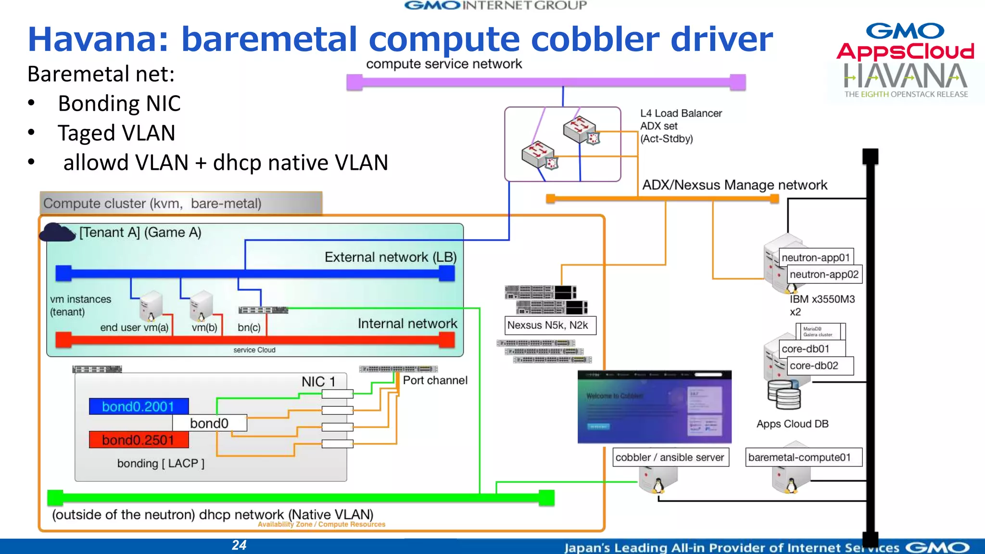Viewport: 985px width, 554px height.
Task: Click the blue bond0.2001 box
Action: tap(139, 406)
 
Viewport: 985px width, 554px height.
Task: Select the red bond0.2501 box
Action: tap(139, 440)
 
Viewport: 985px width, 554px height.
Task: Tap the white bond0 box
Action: tap(209, 423)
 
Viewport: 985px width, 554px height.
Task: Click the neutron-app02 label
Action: tap(824, 274)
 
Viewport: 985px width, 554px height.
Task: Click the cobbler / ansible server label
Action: tap(670, 457)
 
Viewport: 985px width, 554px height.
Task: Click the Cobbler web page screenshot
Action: tap(654, 407)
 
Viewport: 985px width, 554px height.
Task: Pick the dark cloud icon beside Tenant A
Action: tap(57, 233)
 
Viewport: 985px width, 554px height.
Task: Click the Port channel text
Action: tap(435, 380)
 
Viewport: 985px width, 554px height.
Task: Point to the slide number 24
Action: tap(239, 545)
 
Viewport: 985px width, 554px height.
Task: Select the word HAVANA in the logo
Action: tap(905, 76)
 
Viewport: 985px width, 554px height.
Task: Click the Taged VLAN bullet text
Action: tap(116, 133)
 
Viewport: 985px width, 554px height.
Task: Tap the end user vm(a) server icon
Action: tap(151, 306)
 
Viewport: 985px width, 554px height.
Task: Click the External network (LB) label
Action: tap(390, 257)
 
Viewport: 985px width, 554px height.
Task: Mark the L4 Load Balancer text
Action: tap(681, 113)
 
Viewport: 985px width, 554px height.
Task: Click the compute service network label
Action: tap(443, 64)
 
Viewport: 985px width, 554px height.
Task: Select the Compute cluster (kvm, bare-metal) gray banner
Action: tap(181, 203)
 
